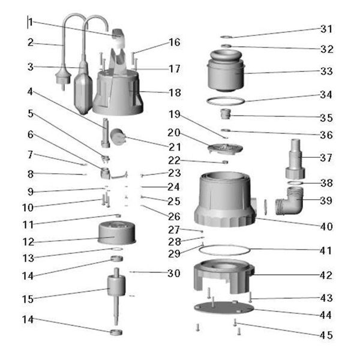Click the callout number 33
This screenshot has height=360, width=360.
(326, 71)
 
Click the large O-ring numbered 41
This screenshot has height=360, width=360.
(222, 248)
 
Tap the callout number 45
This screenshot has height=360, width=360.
(326, 335)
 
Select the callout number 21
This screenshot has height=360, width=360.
(174, 147)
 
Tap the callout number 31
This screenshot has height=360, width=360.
(326, 29)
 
